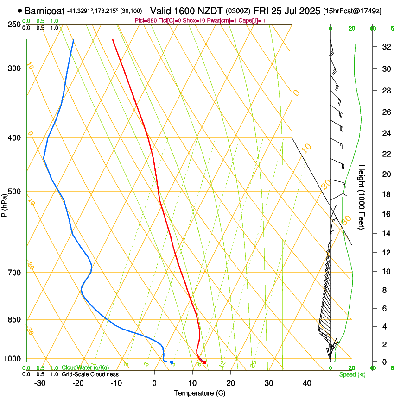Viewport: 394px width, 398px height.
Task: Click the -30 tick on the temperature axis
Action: click(40, 383)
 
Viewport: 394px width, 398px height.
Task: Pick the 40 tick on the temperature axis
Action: click(306, 383)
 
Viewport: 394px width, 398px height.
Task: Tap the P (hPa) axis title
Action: click(5, 203)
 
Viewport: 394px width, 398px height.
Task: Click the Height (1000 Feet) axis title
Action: click(362, 197)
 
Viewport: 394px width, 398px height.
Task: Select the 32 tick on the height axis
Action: click(385, 47)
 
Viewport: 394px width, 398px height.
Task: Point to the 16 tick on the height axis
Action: click(385, 214)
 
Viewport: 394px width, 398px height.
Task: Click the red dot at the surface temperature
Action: click(204, 362)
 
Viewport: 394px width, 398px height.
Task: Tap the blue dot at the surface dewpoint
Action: click(172, 362)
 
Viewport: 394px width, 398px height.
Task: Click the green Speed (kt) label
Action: click(352, 374)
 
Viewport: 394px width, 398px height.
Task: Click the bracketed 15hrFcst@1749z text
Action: click(352, 11)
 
